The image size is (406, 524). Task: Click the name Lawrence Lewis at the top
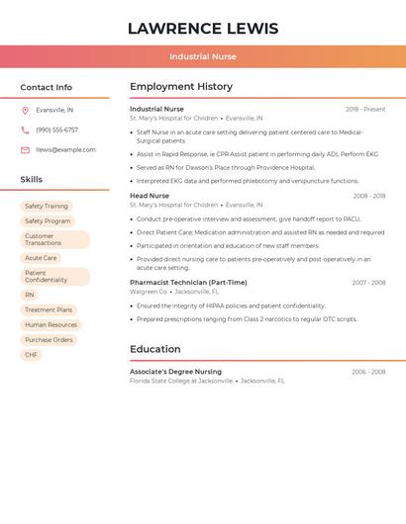(x=203, y=29)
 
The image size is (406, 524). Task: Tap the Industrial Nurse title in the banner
(x=203, y=56)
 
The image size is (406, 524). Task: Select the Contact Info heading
(x=47, y=87)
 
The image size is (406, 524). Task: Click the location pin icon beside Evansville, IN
(x=25, y=111)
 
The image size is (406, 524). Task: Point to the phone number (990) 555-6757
(x=57, y=131)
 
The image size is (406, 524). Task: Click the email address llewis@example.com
(x=66, y=150)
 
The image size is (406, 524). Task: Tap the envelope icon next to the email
(x=25, y=150)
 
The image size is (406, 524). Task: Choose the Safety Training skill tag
(x=47, y=206)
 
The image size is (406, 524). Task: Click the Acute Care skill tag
(x=41, y=258)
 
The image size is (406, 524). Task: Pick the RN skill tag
(x=30, y=295)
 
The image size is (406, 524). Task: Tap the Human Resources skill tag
(x=51, y=324)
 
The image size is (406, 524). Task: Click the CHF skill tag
(x=31, y=354)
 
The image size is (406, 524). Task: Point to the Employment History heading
(x=181, y=87)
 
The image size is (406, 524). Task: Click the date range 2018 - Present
(x=365, y=110)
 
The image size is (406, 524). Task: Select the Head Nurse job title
(x=150, y=196)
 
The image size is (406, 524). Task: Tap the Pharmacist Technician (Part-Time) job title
(x=188, y=283)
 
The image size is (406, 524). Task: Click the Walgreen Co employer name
(x=149, y=292)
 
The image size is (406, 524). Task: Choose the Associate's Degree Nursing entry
(x=175, y=372)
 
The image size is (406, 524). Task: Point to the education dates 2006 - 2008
(x=368, y=372)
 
